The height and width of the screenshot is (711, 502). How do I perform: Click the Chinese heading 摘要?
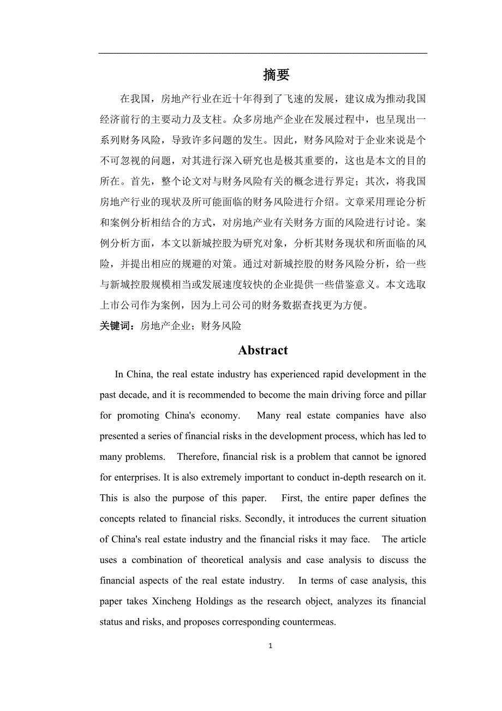click(276, 75)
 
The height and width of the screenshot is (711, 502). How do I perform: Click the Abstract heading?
click(262, 351)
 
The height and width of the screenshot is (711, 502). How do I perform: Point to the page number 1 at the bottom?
click(270, 646)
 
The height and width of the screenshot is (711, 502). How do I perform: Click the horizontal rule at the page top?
click(262, 53)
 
